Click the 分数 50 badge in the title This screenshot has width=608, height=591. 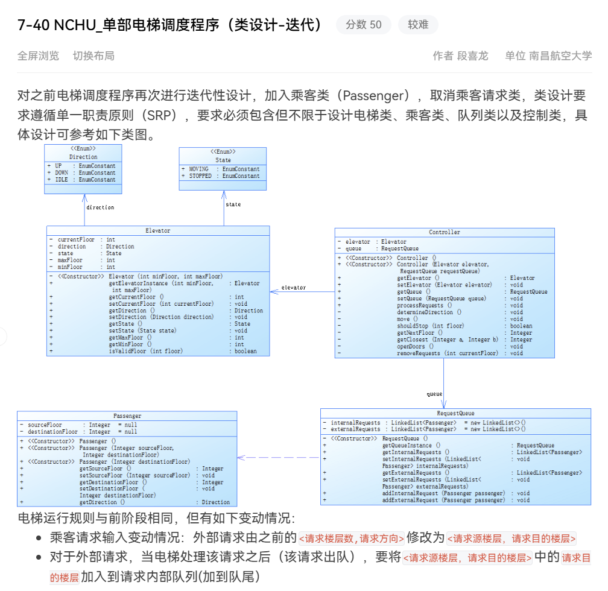click(x=363, y=25)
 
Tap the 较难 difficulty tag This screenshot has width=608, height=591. click(x=418, y=25)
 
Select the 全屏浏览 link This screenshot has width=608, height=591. click(x=39, y=56)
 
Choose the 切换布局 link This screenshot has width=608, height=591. click(x=93, y=56)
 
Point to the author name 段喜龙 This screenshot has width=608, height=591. click(x=472, y=56)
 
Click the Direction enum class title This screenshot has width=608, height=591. click(x=83, y=157)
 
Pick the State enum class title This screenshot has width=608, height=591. click(x=223, y=160)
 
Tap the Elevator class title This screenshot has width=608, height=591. click(x=158, y=230)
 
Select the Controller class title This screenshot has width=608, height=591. click(x=445, y=232)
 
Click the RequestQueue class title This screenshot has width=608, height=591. click(x=455, y=414)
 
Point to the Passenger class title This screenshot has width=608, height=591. click(x=127, y=416)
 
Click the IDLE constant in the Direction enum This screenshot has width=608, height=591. click(x=62, y=180)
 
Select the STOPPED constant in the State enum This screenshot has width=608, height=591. click(x=200, y=176)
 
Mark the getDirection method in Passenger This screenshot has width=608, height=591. click(x=102, y=502)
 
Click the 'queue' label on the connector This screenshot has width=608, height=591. click(x=434, y=394)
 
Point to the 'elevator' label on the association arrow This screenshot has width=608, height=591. click(x=293, y=288)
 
